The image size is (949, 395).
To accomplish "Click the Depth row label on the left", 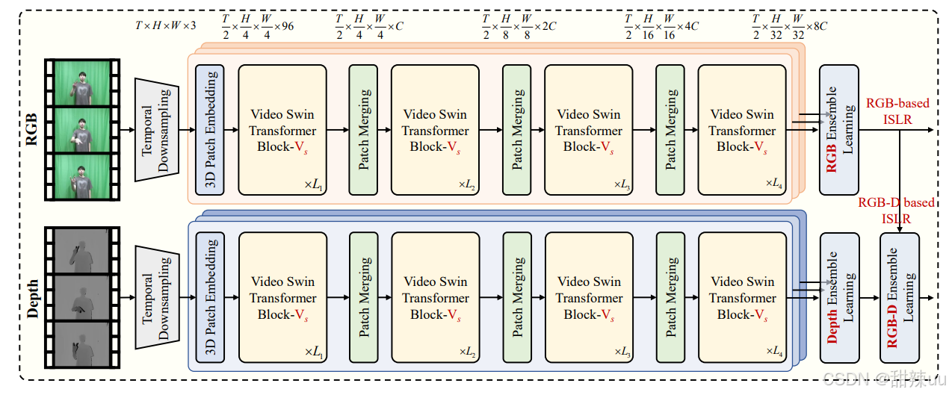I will point(31,297).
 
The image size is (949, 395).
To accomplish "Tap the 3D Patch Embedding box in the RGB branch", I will point(210,129).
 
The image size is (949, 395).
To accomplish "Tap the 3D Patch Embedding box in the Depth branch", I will point(210,297).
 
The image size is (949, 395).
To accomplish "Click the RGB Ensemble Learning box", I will point(839,130).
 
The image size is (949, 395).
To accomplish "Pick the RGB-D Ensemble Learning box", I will point(900,298).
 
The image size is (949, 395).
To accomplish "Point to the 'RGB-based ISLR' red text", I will point(897,111).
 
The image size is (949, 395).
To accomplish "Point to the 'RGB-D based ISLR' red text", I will point(896,211).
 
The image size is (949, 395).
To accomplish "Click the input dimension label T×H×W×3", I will point(165,25).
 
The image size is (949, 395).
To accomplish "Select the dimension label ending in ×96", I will point(258,25).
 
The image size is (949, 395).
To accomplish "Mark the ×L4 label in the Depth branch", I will point(774,351).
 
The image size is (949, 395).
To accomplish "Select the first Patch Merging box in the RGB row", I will point(364,130).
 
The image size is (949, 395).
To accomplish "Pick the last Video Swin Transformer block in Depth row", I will point(743,298).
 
